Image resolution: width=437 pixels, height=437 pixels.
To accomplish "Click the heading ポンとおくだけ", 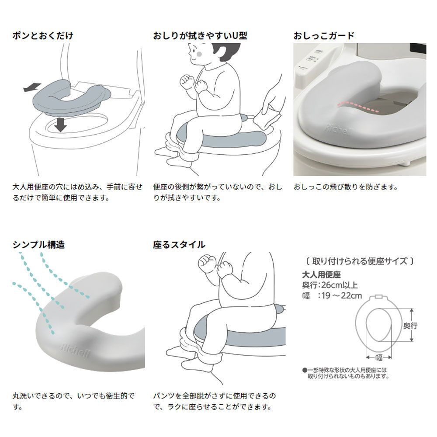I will point(42,36).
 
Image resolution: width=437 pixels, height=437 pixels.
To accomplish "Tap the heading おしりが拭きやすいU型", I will point(200,36).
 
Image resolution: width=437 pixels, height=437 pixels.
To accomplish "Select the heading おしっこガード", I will point(324,36).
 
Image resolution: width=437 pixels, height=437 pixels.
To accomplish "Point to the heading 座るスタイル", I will point(179,245).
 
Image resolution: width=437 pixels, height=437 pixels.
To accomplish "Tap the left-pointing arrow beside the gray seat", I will point(32,89).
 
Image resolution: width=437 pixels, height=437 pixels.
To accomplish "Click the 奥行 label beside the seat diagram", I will point(410,326).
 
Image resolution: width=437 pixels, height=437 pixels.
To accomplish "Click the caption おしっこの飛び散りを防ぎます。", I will point(346,187).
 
